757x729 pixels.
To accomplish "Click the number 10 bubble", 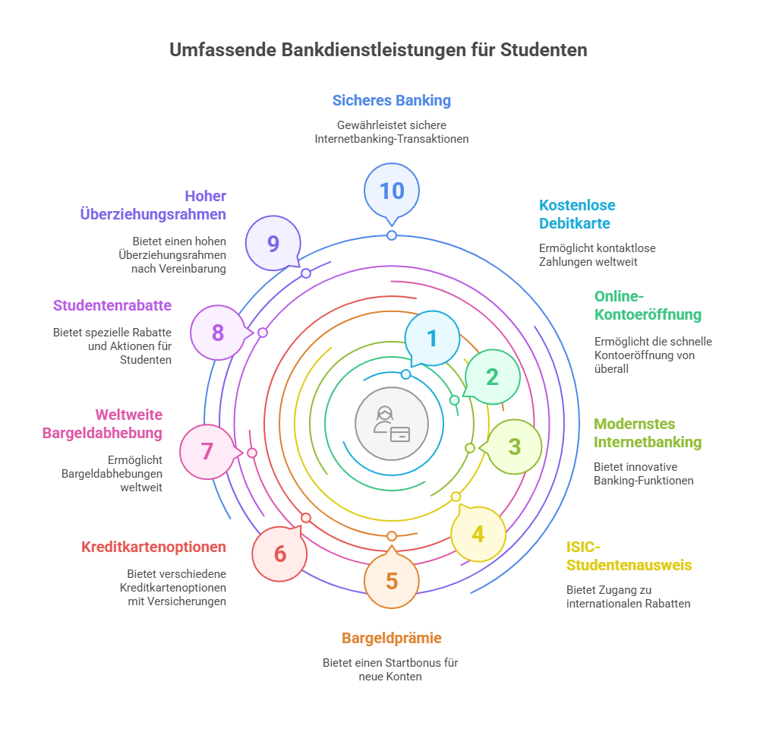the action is click(392, 191).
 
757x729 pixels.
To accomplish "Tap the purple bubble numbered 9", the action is click(273, 243).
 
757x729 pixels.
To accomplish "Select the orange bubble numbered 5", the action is click(392, 580).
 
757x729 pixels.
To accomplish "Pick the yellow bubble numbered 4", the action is click(478, 534).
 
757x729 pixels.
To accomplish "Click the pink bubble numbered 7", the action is click(207, 451).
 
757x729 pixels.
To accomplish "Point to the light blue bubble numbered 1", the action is click(432, 339).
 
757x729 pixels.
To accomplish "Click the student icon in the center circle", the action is click(392, 424).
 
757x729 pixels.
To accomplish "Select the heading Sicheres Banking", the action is click(392, 100).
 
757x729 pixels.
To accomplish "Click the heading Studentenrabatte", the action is click(112, 305).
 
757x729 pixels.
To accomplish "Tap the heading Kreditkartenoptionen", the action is click(153, 547).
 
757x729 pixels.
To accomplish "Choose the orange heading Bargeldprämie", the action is click(392, 638).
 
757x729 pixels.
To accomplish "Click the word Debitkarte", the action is click(575, 223).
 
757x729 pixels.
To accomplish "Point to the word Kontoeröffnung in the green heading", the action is click(648, 315).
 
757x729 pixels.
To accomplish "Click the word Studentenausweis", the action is click(629, 565).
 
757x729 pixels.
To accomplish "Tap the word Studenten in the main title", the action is click(544, 50).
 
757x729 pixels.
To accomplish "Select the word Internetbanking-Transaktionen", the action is click(392, 139).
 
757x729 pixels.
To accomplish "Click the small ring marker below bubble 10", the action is click(392, 235).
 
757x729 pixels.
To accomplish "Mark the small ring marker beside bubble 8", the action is click(263, 333).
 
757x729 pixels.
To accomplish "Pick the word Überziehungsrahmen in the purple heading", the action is click(153, 214).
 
